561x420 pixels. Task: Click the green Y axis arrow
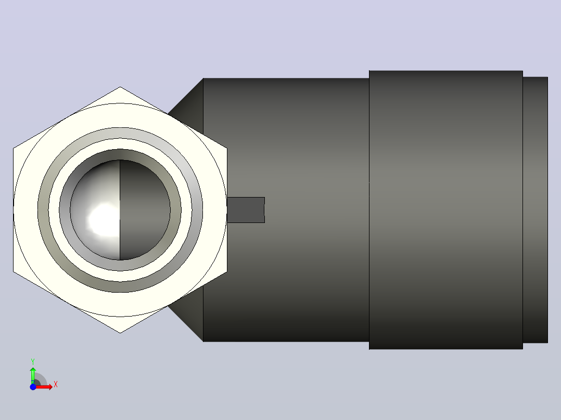33,375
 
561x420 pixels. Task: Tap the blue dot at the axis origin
33,387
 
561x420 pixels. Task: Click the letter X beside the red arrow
56,385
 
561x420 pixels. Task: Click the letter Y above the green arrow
33,362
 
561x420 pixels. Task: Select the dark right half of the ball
145,210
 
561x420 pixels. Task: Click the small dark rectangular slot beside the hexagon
246,210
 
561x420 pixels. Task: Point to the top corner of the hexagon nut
120,87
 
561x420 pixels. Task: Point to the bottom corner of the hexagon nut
120,333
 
